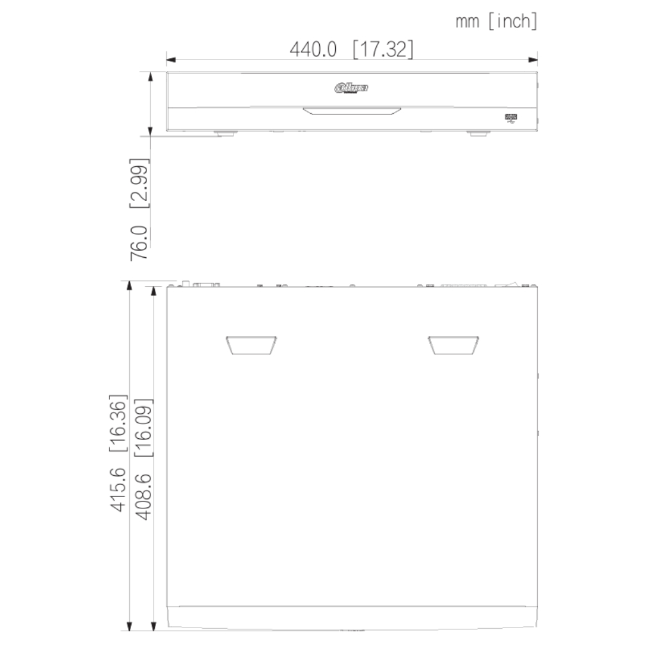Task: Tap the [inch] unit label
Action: tap(512, 22)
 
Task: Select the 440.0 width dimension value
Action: tap(313, 49)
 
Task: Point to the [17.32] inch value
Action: tap(382, 49)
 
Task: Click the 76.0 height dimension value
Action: tap(139, 242)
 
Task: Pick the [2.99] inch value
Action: tap(139, 185)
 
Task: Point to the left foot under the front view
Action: tap(225, 133)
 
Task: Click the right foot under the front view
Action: tap(477, 133)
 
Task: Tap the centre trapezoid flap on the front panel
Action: tap(352, 112)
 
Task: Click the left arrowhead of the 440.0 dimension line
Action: tap(170, 61)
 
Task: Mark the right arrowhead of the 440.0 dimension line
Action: tap(533, 61)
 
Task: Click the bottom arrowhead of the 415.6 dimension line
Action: tap(131, 626)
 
